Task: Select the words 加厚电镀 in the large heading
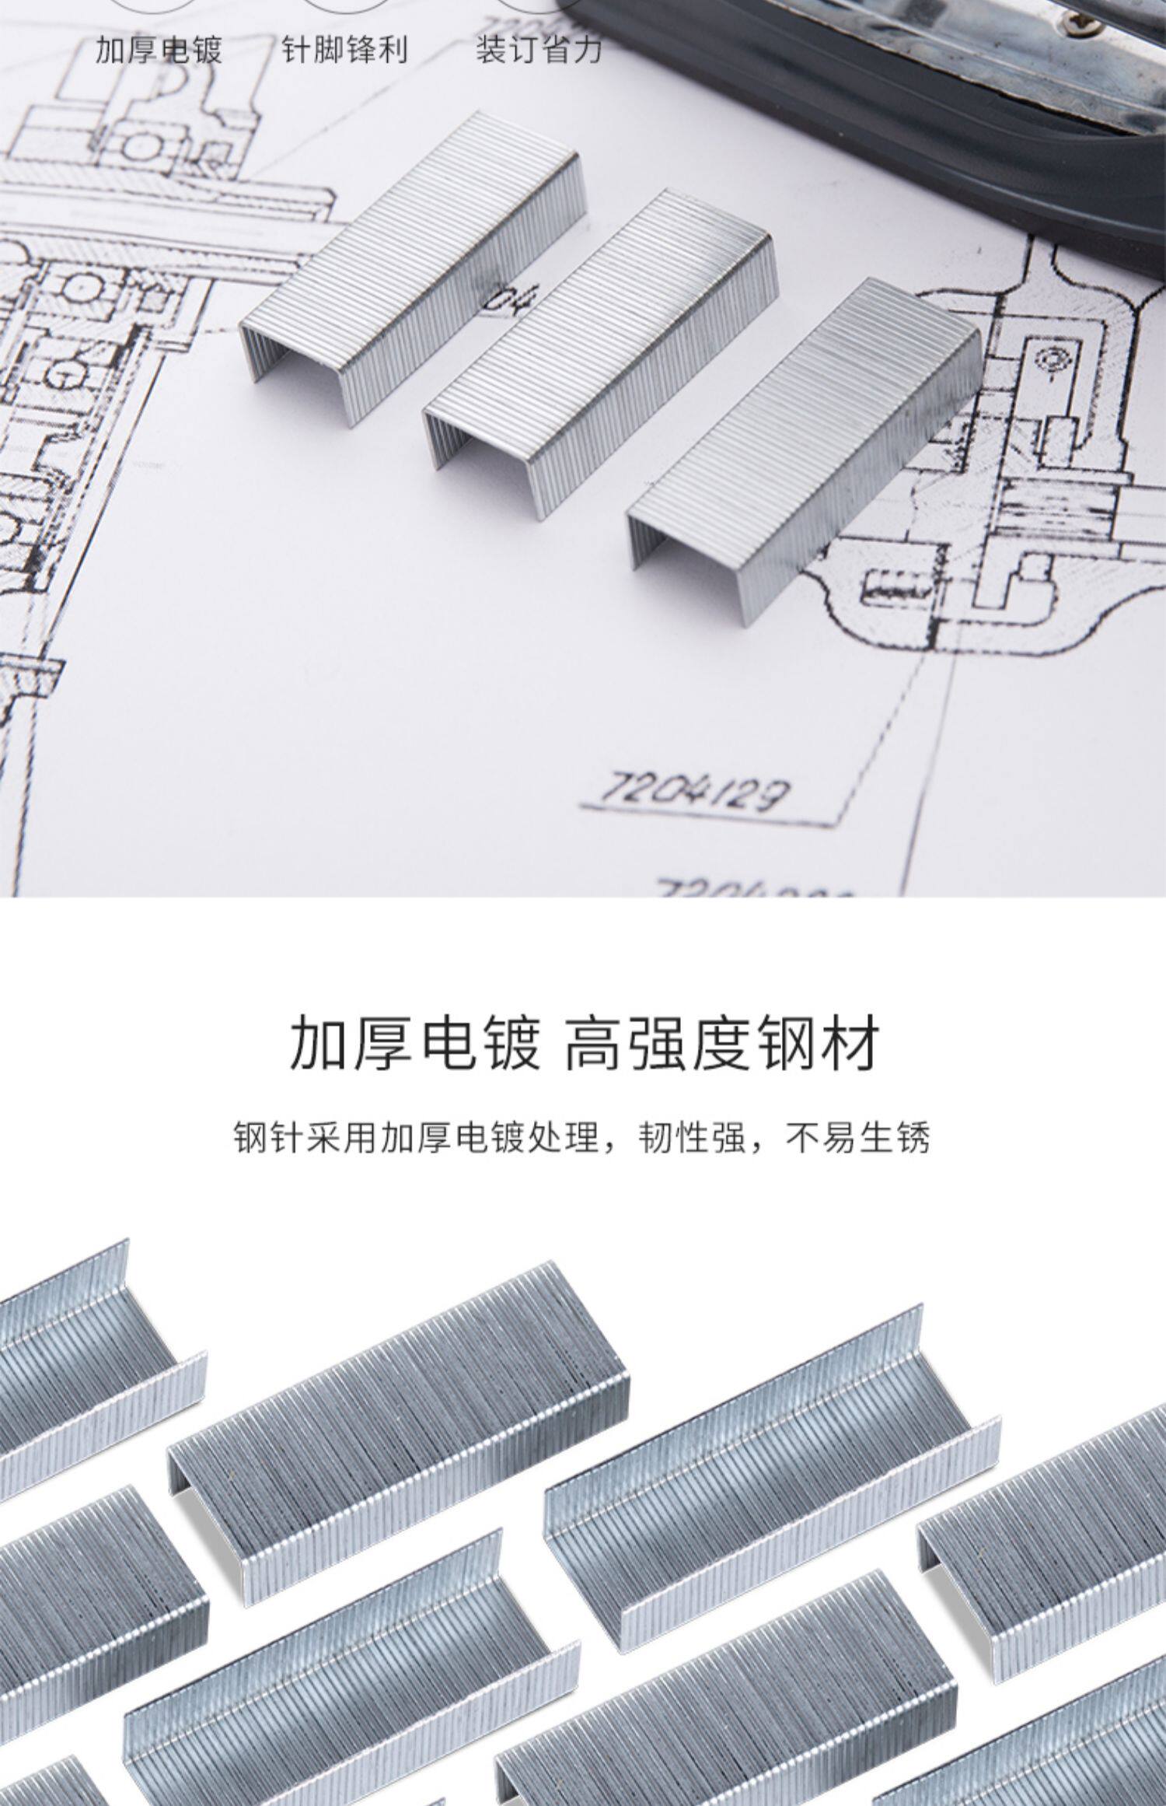[x=414, y=1045]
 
